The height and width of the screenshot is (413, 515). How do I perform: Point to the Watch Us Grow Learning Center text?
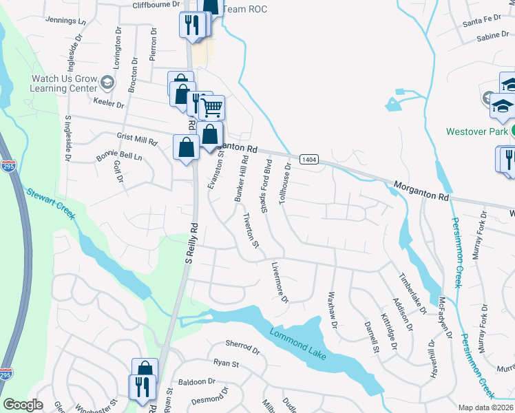click(63, 84)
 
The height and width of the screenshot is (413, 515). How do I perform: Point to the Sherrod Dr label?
click(242, 346)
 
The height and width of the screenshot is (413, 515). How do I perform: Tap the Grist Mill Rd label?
click(137, 140)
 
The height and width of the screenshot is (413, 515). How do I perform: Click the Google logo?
click(23, 405)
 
